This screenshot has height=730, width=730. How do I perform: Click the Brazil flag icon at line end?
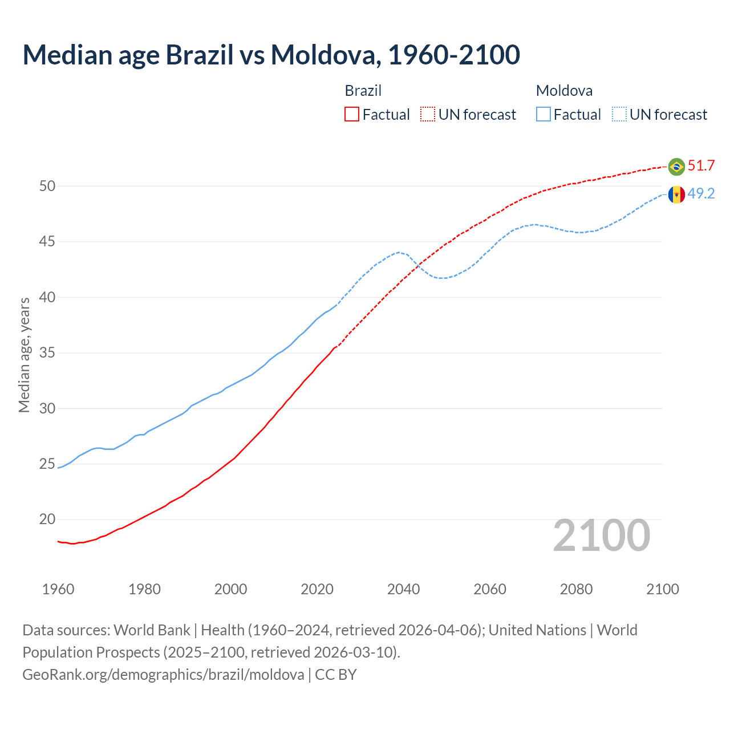676,167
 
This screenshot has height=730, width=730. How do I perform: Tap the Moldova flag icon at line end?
676,194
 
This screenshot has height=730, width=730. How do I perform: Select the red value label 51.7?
701,166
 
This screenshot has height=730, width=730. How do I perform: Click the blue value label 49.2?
701,194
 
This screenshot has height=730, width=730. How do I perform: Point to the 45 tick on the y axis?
47,242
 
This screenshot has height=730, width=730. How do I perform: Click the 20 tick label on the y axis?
47,520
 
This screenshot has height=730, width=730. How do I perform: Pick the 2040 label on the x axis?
403,589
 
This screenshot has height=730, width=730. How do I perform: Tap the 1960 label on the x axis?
58,589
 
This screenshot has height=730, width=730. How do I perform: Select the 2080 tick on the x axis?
576,589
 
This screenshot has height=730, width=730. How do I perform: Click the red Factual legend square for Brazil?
352,115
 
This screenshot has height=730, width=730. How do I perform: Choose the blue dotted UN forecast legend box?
619,115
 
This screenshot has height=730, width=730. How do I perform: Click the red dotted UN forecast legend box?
428,115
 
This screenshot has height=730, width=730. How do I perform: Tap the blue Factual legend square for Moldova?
544,115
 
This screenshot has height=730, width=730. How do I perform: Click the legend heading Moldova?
564,91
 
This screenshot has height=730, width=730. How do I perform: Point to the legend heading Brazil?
363,91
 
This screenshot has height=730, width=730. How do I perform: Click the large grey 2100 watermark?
601,536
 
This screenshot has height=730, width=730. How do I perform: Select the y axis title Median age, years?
24,355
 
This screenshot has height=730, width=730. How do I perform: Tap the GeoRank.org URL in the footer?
163,675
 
